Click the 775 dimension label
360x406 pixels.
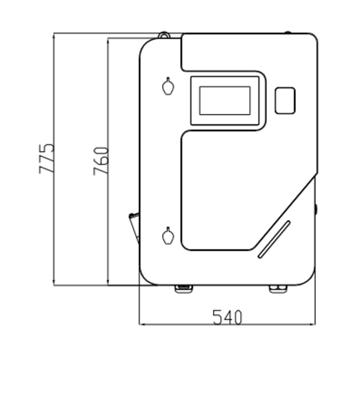click(47, 159)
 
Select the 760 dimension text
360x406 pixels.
click(101, 161)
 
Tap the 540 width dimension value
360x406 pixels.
click(227, 317)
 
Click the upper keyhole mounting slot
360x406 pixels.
click(168, 86)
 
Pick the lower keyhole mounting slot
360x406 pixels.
click(168, 235)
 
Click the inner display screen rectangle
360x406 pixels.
click(225, 100)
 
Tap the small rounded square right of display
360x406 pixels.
click(285, 100)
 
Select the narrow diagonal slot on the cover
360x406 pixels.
click(274, 239)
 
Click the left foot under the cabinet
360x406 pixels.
click(184, 289)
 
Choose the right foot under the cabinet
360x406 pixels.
click(278, 289)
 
